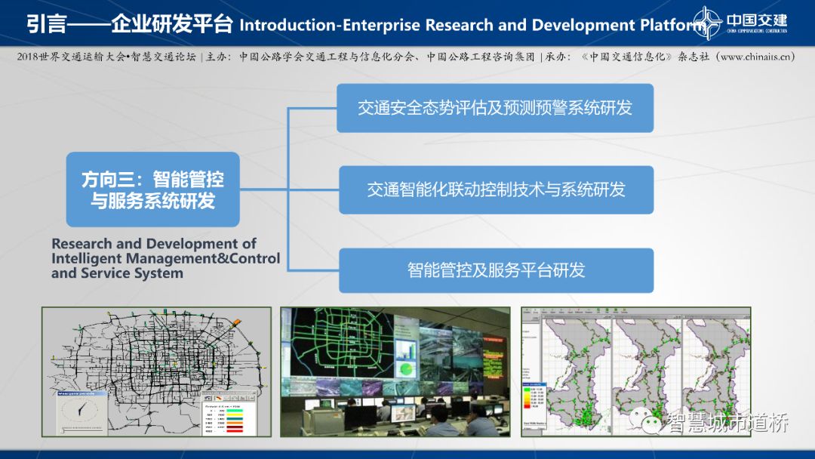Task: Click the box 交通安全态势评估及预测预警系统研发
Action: pyautogui.click(x=495, y=108)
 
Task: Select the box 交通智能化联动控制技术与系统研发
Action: pyautogui.click(x=495, y=189)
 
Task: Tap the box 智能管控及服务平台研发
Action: pyautogui.click(x=495, y=270)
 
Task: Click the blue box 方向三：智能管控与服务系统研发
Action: pyautogui.click(x=152, y=189)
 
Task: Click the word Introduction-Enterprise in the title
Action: pyautogui.click(x=330, y=24)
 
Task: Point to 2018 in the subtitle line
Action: pyautogui.click(x=29, y=57)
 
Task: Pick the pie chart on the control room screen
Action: pyautogui.click(x=406, y=370)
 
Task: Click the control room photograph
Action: pyautogui.click(x=395, y=371)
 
